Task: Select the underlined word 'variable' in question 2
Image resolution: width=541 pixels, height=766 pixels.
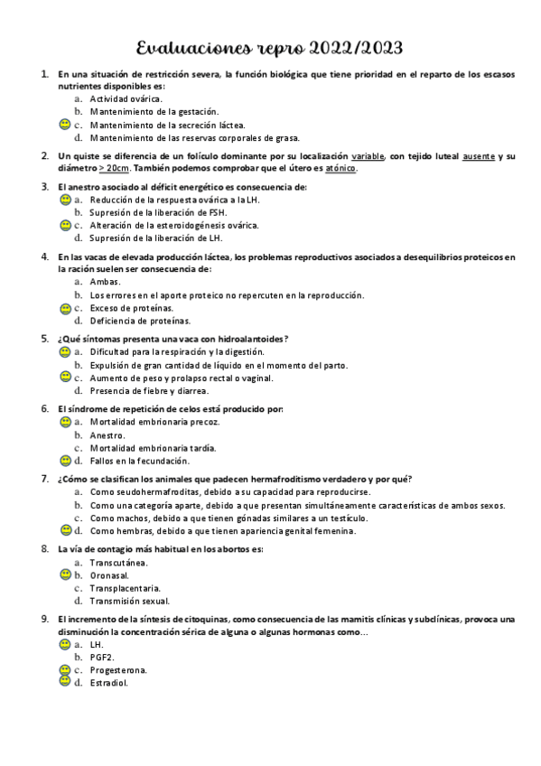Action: (368, 155)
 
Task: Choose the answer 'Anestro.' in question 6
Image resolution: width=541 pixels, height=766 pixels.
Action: (107, 434)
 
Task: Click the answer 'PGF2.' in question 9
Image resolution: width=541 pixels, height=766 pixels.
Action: (102, 658)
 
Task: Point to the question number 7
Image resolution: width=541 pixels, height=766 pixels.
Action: (45, 479)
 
